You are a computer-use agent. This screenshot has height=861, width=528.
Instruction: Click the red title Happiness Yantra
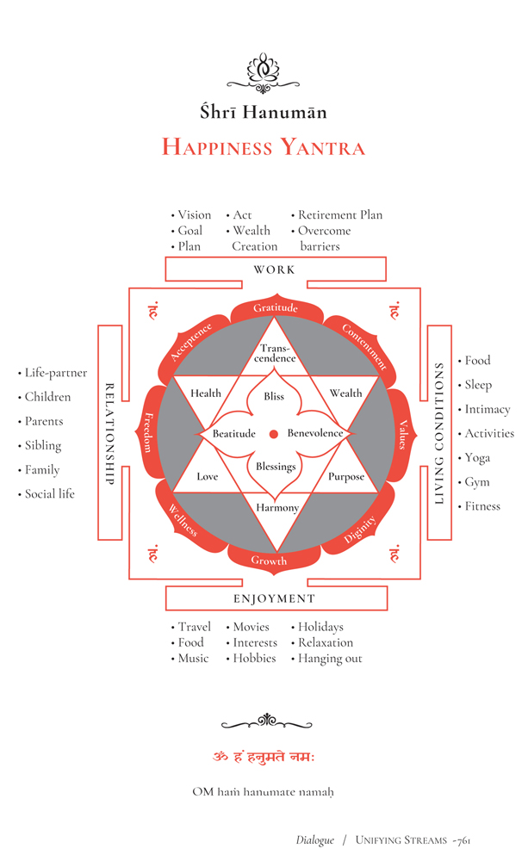(264, 147)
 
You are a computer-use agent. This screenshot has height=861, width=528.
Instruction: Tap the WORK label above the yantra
(275, 269)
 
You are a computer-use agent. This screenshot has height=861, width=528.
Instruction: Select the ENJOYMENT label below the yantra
(275, 598)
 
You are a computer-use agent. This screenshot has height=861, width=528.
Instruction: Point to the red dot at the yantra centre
(274, 433)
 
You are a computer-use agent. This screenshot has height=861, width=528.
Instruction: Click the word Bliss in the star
(274, 397)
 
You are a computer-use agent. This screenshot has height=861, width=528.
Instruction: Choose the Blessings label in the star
(276, 467)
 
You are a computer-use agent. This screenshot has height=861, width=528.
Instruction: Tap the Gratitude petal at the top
(276, 308)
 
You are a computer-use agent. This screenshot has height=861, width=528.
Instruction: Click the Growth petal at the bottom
(269, 561)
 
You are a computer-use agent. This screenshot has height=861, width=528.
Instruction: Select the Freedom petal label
(148, 428)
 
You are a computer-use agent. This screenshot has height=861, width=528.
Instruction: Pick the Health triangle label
(206, 393)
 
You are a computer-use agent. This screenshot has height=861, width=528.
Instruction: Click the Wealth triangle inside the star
(345, 393)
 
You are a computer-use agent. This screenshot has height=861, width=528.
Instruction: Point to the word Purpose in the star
(345, 476)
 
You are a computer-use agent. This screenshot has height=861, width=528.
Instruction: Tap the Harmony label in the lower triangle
(277, 508)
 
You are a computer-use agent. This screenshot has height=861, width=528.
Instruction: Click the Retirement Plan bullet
(339, 215)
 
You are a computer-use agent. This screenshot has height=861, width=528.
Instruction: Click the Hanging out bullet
(330, 659)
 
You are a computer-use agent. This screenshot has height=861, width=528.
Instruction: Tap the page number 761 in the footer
(460, 840)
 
